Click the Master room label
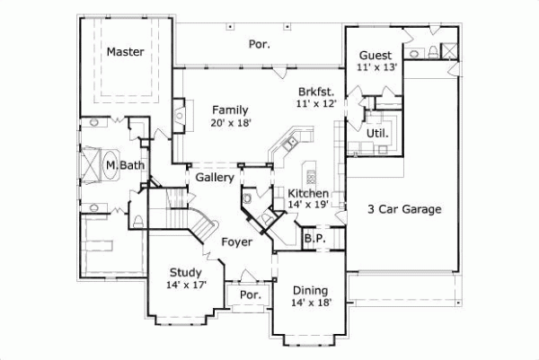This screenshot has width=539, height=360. (x=126, y=52)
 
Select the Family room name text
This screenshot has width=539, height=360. (x=230, y=109)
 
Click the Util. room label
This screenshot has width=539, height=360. (x=377, y=133)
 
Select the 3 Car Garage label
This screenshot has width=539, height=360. (x=404, y=209)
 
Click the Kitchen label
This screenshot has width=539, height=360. (x=307, y=193)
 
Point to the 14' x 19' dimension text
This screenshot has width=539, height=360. (x=307, y=206)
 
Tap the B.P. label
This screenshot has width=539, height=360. (x=314, y=238)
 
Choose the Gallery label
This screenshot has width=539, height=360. (x=215, y=178)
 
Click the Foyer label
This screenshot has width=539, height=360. (x=236, y=241)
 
